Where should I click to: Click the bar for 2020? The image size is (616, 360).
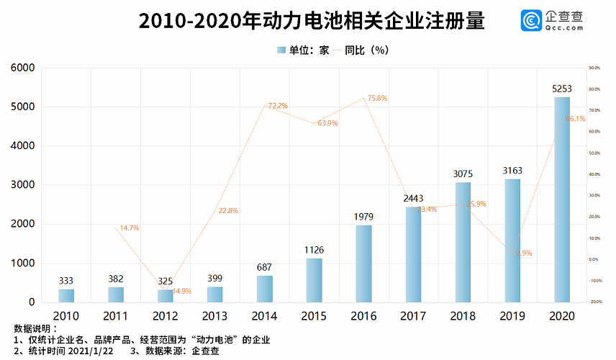pyautogui.click(x=561, y=199)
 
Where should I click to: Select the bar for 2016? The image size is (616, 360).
pyautogui.click(x=363, y=264)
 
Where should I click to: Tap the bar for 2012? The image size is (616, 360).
pyautogui.click(x=166, y=295)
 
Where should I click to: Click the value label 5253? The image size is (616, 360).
pyautogui.click(x=561, y=89)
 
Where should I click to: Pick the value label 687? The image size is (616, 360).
pyautogui.click(x=265, y=267)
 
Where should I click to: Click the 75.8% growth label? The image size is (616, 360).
pyautogui.click(x=377, y=98)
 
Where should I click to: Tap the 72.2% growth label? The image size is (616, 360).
pyautogui.click(x=278, y=106)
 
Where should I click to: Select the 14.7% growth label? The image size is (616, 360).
pyautogui.click(x=129, y=228)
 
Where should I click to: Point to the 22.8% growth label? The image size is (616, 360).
pyautogui.click(x=227, y=211)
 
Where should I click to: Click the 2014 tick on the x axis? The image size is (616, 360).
pyautogui.click(x=265, y=316)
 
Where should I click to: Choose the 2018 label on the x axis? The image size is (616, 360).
pyautogui.click(x=463, y=316)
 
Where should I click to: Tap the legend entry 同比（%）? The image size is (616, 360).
pyautogui.click(x=366, y=50)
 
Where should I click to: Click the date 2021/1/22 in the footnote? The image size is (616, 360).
pyautogui.click(x=95, y=351)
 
